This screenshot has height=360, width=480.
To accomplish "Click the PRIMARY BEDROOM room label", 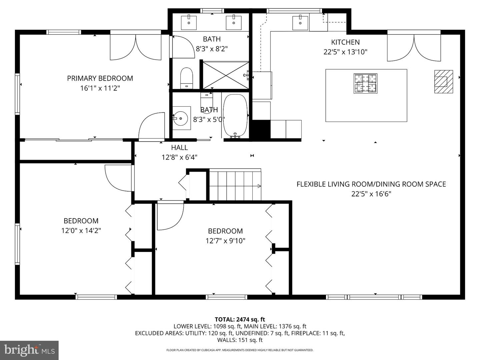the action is pos(100,78).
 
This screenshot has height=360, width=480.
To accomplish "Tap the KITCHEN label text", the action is pos(345,42).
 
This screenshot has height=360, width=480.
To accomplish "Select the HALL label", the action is pos(179,148).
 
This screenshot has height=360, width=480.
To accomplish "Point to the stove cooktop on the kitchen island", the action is pos(365,83).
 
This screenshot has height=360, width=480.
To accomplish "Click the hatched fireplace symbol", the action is pos(443,82).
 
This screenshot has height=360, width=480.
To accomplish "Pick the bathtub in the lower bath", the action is pos(235,116).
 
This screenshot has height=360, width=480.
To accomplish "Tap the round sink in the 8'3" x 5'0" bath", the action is pos(180,118).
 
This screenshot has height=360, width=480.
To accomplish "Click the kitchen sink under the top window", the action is pos(300,23).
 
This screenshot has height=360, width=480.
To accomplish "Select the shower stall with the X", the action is pos(226,75).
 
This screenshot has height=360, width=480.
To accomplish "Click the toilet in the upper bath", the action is pos(187,78).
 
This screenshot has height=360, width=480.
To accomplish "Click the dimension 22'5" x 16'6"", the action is pos(371,194).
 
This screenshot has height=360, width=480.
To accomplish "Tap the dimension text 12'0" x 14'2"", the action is pos(81,231).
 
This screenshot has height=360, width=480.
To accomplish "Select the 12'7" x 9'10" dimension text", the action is pos(225,241).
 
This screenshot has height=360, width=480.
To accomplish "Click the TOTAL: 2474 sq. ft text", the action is pos(240,320).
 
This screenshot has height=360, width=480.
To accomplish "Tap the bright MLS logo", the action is pos(29,350).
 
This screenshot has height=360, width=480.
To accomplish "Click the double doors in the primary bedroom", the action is pos(136,47).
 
